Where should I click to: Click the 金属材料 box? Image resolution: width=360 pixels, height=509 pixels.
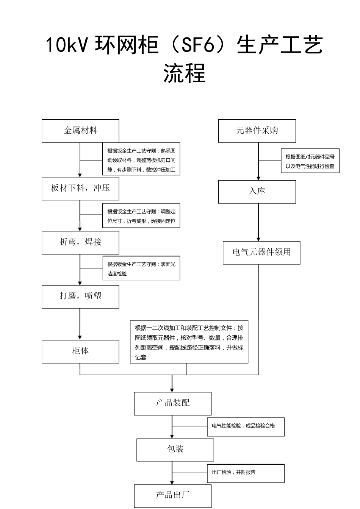point(80,131)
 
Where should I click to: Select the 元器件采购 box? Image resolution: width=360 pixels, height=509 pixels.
point(257,131)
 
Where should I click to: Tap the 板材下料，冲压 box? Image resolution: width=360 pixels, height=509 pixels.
point(80,188)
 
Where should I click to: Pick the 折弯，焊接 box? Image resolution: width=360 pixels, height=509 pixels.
point(80,242)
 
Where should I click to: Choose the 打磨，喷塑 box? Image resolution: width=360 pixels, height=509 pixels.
point(80,296)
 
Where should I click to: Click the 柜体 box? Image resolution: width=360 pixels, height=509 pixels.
point(80,351)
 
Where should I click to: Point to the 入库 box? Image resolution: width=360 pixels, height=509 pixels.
point(257,192)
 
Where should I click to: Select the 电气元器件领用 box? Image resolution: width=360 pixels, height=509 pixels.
point(261,253)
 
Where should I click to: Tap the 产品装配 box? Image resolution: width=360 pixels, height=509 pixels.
point(173,403)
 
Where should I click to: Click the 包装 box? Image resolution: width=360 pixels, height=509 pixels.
point(175,450)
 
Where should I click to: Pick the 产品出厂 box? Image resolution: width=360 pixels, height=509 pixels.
point(173,495)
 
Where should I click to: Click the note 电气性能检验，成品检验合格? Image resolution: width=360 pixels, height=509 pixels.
point(246,426)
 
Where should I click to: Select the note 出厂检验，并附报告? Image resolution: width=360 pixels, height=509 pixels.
point(246,473)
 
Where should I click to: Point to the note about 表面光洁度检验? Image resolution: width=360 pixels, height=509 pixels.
point(141,269)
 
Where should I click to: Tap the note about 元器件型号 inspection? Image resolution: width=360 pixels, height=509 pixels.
point(310,161)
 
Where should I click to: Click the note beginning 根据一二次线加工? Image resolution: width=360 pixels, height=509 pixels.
point(189,342)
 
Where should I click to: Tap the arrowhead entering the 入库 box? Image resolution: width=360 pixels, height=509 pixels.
point(258,178)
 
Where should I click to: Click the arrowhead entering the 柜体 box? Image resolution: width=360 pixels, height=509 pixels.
point(80,337)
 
